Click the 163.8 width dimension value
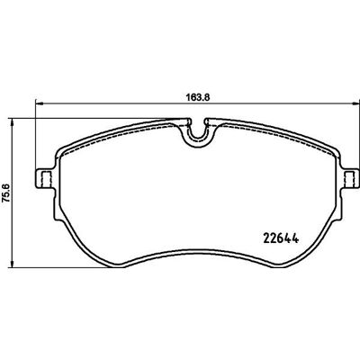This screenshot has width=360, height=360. click(x=197, y=97)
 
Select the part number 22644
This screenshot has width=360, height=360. click(x=281, y=238)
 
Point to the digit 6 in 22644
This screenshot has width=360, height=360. click(x=281, y=238)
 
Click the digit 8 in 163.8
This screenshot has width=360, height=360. click(x=205, y=97)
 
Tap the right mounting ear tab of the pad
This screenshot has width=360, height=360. click(x=350, y=179)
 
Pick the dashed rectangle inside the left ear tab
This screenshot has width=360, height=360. click(x=47, y=179)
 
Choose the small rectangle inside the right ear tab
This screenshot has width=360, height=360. click(x=349, y=179)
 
